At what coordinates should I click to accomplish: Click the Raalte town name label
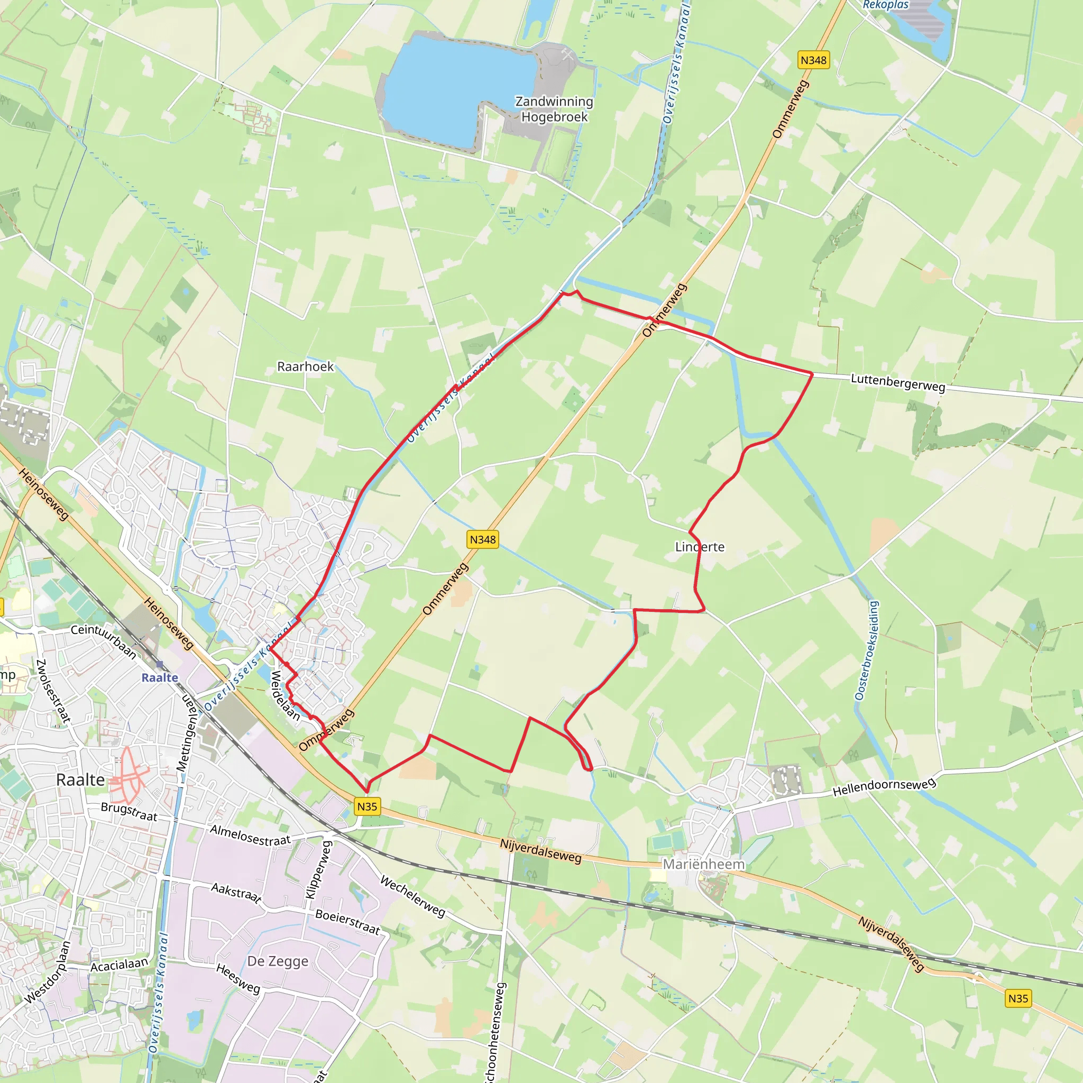point(80,780)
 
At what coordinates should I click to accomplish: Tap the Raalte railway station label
point(160,677)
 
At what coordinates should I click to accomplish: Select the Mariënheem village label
point(703,864)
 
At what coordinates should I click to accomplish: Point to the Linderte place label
point(700,547)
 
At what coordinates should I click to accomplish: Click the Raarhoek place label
point(305,366)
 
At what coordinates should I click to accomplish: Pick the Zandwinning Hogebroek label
point(554,109)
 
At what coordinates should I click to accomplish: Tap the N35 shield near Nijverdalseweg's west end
point(367,806)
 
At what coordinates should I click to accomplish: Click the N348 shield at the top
point(813,60)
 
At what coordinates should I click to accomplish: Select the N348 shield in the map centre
point(483,539)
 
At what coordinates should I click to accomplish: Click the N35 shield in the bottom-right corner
point(1018,1014)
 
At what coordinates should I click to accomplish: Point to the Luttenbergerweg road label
point(898,382)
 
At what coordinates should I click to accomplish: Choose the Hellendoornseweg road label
point(884,787)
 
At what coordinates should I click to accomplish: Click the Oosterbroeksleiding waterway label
point(867,650)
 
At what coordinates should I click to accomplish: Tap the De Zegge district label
point(278,961)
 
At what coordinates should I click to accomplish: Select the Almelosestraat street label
point(250,834)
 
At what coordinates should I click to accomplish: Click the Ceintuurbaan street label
point(104,641)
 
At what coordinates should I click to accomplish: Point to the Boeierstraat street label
point(347,922)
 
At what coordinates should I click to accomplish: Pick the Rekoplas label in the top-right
point(885,5)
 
